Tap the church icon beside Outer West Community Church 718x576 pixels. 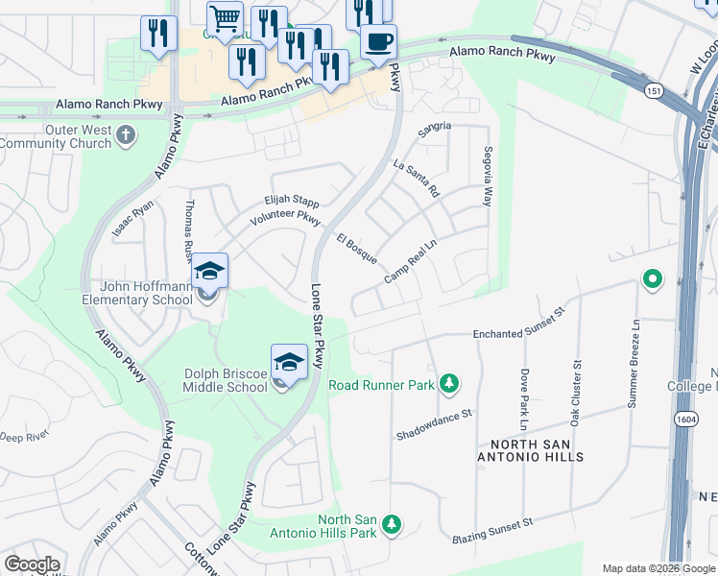[126, 136]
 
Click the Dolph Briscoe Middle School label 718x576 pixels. [226, 380]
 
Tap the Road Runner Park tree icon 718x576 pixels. [448, 385]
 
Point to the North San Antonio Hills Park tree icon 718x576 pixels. [391, 525]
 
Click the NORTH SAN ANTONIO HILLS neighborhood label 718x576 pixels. [536, 450]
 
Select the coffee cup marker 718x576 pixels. [377, 43]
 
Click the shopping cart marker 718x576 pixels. [224, 17]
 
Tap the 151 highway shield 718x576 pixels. [654, 90]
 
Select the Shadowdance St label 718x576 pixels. [436, 426]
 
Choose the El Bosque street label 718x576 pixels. [356, 248]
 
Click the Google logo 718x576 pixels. [33, 565]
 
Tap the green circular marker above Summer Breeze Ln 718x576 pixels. [652, 280]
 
